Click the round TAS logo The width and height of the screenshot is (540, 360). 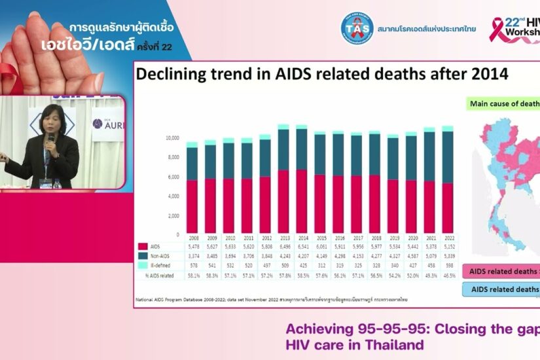coord(357,29)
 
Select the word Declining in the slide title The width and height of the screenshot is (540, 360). coord(172,74)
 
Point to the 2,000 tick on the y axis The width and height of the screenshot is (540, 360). coord(173,215)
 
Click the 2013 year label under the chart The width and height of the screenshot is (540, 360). coord(283,238)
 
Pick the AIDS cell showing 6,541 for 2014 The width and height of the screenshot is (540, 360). coord(301,247)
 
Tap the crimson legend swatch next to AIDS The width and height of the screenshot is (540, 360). coord(142,247)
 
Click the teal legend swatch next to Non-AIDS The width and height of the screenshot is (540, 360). coord(142,257)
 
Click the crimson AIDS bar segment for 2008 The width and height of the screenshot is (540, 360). coord(192,207)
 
